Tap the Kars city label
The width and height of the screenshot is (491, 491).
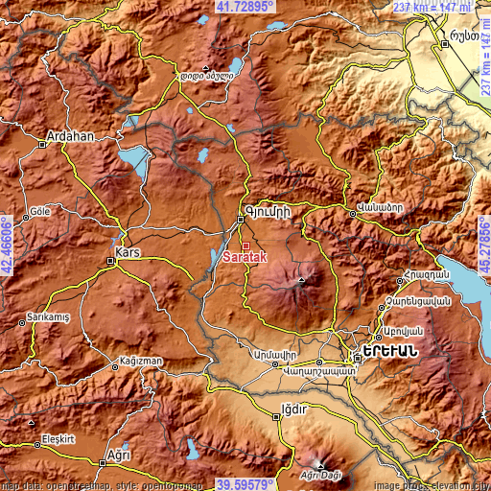coord(129,252)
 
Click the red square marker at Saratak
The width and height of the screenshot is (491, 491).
coord(245,245)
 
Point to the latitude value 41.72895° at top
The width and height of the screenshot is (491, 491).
coord(245,7)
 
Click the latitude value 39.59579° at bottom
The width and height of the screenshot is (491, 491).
coord(245,484)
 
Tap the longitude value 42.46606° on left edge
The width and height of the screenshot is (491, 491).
coord(7,245)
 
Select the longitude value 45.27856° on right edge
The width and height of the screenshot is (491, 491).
coord(484,245)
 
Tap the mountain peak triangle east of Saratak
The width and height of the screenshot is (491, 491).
coord(301,282)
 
